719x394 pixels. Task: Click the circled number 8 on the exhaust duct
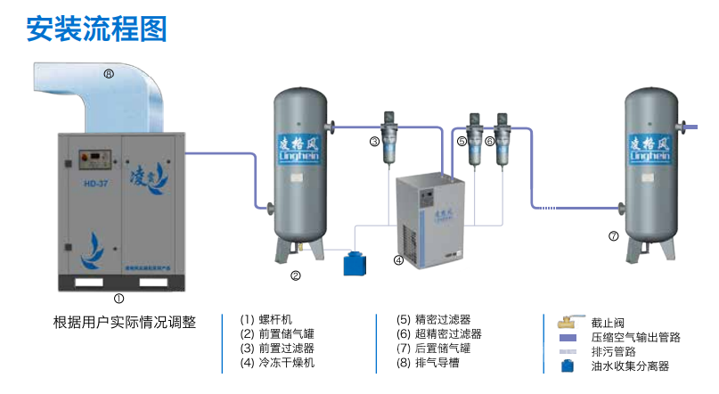[109, 74]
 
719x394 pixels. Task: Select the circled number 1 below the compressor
[118, 299]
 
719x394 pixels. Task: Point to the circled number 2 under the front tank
[296, 275]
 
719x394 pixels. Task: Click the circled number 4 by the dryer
[398, 261]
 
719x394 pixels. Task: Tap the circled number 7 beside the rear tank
[613, 236]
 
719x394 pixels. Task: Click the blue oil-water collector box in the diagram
[357, 263]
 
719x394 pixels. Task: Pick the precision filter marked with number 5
[476, 135]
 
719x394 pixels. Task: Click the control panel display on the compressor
[89, 155]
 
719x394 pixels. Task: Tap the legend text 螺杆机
[275, 319]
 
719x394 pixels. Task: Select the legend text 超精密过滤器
[448, 333]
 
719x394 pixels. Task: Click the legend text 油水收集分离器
[630, 365]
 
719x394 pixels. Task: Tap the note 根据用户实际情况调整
[125, 322]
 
